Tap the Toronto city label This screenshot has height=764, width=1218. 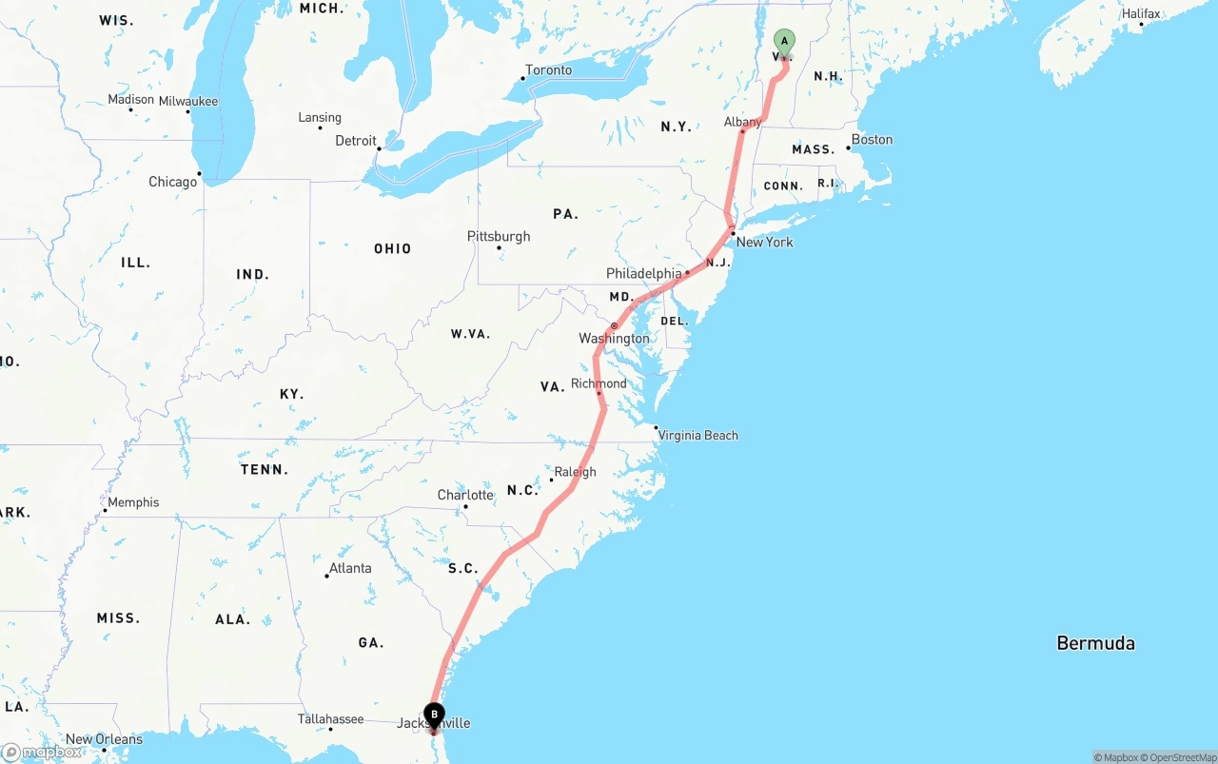coord(549,70)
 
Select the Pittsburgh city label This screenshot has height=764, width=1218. coord(499,237)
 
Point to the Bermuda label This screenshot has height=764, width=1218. coord(1095,643)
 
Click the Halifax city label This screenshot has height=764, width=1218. coord(1141,14)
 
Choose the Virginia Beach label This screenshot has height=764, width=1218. coord(698,436)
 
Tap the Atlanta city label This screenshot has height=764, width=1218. coord(350,569)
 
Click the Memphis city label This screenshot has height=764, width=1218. coord(133,503)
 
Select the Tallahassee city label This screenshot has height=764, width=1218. coord(330,719)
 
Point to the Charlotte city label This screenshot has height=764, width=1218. coord(465,496)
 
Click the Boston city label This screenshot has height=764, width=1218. coord(872,140)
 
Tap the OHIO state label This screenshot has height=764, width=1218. coord(392,249)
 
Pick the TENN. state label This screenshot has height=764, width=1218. coord(264,470)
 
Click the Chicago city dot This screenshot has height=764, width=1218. coord(199,173)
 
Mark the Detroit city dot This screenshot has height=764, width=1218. coord(379,148)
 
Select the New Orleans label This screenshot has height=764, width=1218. coord(104,739)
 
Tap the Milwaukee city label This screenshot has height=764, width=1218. coord(188,102)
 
